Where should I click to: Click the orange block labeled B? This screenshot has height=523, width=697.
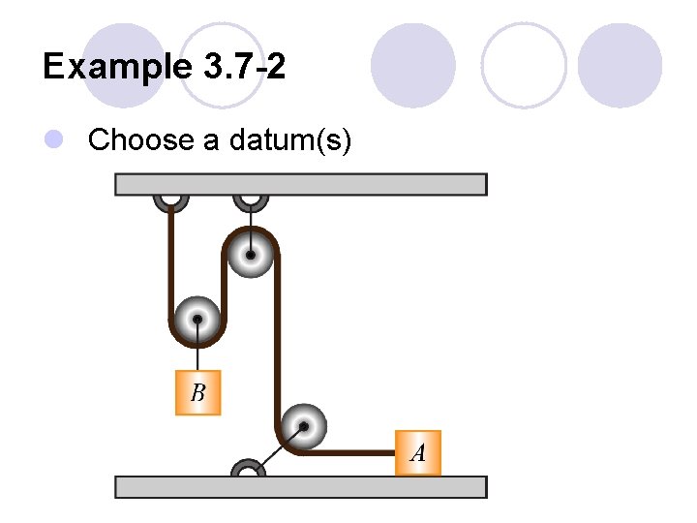click(x=197, y=392)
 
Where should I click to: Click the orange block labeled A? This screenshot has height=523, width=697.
click(x=418, y=452)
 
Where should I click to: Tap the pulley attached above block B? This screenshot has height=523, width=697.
click(x=197, y=319)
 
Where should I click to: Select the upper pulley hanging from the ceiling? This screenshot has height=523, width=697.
click(x=251, y=255)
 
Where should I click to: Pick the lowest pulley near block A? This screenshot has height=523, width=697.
click(x=304, y=426)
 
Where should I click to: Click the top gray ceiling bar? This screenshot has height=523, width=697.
click(x=300, y=184)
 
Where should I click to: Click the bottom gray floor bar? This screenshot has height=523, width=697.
click(x=300, y=486)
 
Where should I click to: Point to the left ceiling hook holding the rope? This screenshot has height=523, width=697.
click(x=170, y=200)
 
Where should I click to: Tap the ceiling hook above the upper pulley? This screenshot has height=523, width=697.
click(x=251, y=200)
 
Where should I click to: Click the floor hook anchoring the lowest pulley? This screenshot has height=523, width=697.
click(x=248, y=468)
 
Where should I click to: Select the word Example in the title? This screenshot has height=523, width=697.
click(x=118, y=67)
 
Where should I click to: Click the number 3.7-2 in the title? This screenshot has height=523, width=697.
click(x=245, y=67)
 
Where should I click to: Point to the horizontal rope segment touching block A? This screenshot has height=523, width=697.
click(x=348, y=451)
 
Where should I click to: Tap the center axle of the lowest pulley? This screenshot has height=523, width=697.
click(x=304, y=426)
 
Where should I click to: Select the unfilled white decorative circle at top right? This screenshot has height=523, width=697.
click(x=524, y=65)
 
